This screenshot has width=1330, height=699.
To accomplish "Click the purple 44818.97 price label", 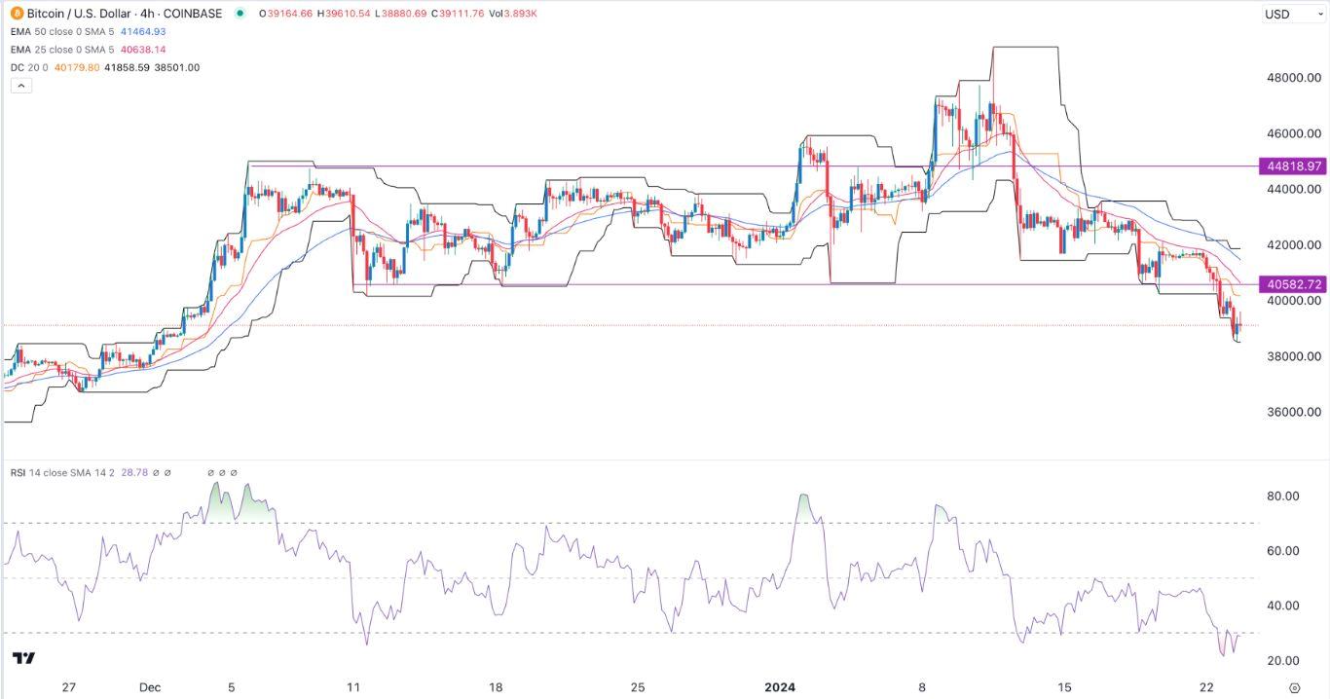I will (x=1293, y=166).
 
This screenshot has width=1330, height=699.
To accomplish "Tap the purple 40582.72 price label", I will (x=1293, y=285).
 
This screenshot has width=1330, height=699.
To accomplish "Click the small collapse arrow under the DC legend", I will (x=21, y=86).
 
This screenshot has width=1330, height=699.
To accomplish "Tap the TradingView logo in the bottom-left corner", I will (x=24, y=658).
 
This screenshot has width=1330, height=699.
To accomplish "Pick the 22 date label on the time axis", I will (x=1207, y=686).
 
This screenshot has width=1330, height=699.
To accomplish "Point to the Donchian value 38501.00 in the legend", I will (x=180, y=67).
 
